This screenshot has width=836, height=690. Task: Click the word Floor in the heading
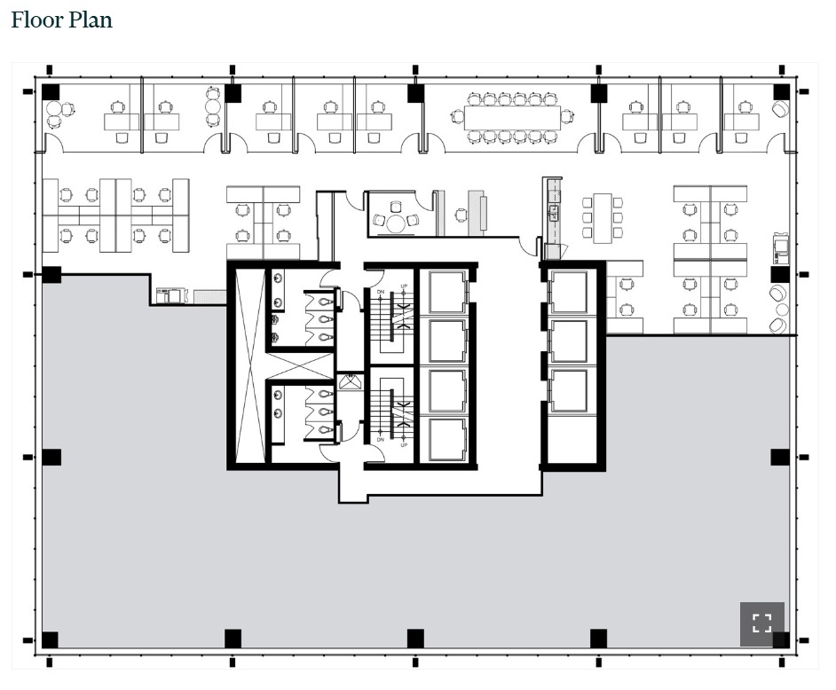click(x=35, y=20)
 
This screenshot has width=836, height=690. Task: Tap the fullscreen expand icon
click(x=761, y=623)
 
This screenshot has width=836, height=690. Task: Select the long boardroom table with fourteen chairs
click(x=512, y=117)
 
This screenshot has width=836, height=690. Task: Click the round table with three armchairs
click(x=395, y=222)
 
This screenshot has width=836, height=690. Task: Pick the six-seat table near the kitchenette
click(x=603, y=217)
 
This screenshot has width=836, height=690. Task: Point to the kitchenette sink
click(x=554, y=212)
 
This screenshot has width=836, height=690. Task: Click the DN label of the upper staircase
click(x=380, y=293)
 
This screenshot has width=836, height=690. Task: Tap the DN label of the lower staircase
click(x=380, y=439)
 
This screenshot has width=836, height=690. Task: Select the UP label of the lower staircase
click(x=404, y=444)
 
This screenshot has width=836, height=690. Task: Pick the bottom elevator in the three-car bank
click(x=568, y=390)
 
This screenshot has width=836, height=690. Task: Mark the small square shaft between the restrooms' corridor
click(x=350, y=382)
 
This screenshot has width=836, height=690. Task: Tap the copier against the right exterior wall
click(x=781, y=247)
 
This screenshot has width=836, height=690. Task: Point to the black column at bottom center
click(x=414, y=638)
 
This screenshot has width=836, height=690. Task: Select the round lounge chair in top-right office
click(x=780, y=109)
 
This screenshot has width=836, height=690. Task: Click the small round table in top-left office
click(x=54, y=110)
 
